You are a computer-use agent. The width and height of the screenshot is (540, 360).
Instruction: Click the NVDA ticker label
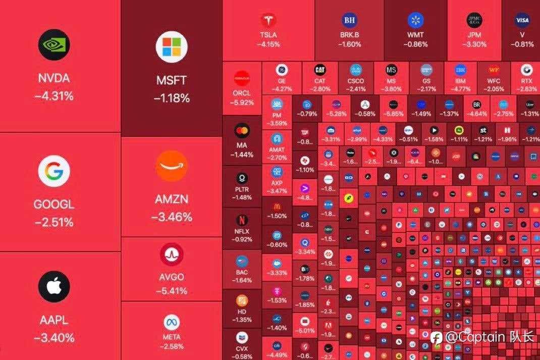coord(54,79)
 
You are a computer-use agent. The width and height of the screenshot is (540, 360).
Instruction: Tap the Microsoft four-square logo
coord(172,47)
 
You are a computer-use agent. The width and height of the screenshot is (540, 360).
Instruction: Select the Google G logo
coord(54,171)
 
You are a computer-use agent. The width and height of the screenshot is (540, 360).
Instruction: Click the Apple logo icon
coord(54,286)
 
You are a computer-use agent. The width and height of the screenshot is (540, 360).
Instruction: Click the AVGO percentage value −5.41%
coord(172,291)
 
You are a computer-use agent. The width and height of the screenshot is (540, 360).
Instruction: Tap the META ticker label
coord(172,337)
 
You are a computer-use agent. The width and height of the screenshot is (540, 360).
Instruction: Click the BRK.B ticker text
coord(350,35)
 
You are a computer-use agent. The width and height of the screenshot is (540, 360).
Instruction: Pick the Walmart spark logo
coord(415,20)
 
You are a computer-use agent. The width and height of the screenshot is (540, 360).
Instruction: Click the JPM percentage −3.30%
coord(474,44)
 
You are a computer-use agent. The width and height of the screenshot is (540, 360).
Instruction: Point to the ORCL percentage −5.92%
coord(242,102)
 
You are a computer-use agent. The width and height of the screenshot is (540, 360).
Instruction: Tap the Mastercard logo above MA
coord(242,131)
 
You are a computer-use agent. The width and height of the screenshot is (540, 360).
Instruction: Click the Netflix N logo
coord(242,220)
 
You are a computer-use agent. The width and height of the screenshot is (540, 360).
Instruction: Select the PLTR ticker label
coord(242,190)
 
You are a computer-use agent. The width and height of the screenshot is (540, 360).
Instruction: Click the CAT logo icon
coord(320,70)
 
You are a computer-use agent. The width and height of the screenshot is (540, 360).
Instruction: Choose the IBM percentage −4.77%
coord(460,89)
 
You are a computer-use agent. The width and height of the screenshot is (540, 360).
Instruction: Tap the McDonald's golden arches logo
coord(277,206)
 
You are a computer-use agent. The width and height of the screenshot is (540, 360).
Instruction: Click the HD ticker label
coord(242,312)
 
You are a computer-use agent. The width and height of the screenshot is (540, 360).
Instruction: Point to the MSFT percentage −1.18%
coord(172,98)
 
